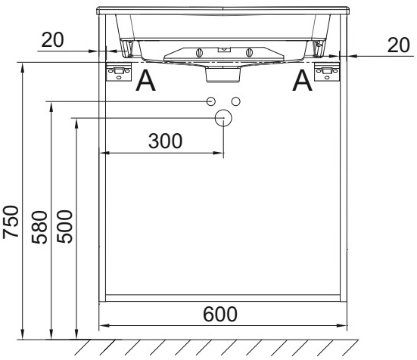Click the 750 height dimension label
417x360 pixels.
pyautogui.click(x=11, y=222)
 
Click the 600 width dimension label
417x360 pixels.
pyautogui.click(x=220, y=313)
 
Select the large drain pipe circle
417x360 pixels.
pyautogui.click(x=223, y=117)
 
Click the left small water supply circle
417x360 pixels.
pyautogui.click(x=212, y=101)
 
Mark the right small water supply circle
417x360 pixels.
pyautogui.click(x=235, y=101)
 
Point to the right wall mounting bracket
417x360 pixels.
pyautogui.click(x=328, y=72)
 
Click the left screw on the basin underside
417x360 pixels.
pyautogui.click(x=199, y=53)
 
